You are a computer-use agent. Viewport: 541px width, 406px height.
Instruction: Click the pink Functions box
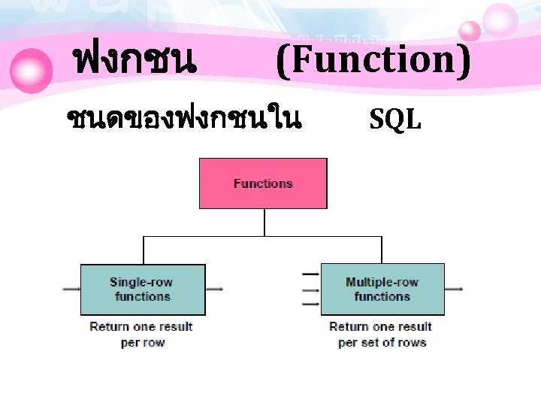(263, 183)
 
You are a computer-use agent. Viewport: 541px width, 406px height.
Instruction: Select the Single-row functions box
(143, 289)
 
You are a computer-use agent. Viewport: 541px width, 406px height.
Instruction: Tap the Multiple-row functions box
(382, 289)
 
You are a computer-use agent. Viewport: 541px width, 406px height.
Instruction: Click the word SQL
(395, 118)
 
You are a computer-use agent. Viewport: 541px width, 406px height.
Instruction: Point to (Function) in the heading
(373, 60)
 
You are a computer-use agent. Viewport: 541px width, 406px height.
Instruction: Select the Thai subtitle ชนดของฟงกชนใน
(184, 118)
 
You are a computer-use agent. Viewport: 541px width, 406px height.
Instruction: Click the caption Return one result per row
(141, 335)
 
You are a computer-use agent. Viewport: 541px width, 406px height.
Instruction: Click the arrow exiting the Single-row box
(214, 289)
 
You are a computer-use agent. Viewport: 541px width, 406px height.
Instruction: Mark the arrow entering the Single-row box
(72, 289)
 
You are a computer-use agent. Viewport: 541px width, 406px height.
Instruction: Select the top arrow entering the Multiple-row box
(310, 274)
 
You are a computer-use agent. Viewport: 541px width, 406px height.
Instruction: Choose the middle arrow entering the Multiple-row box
(310, 289)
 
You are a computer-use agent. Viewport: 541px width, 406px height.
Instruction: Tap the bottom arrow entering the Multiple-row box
(310, 304)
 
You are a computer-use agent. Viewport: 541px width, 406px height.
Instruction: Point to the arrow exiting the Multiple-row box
(454, 289)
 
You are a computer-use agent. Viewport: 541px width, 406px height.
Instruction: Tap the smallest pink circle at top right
(470, 31)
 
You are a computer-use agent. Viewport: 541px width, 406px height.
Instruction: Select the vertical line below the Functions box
(264, 223)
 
